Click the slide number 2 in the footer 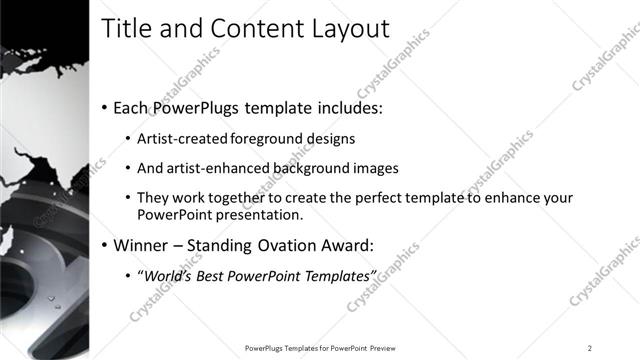[590, 348]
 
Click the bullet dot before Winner [105, 245]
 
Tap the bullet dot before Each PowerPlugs [105, 107]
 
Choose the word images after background [375, 168]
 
